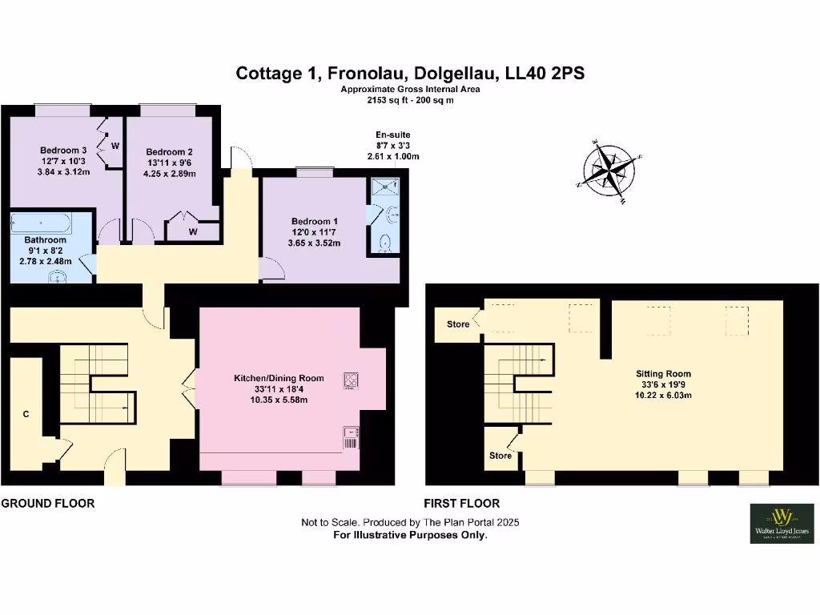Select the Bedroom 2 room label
click(168, 151)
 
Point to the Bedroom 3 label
click(64, 150)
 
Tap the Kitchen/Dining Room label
click(279, 377)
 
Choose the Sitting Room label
click(663, 374)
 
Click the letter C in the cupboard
click(26, 414)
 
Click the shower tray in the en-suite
click(388, 187)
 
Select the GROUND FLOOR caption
click(48, 504)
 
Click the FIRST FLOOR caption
click(463, 504)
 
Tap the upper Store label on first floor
click(458, 324)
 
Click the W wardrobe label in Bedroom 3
click(115, 146)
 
